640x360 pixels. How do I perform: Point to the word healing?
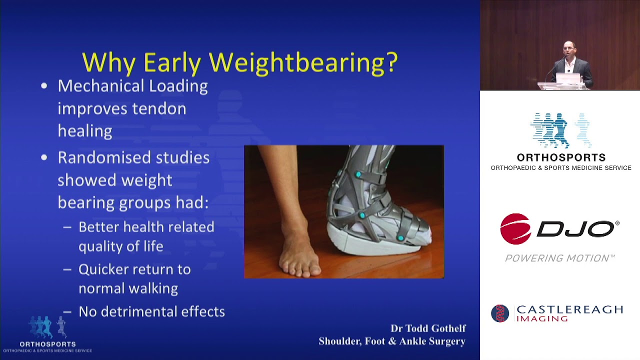pyautogui.click(x=84, y=131)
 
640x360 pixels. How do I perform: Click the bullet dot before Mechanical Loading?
pyautogui.click(x=44, y=86)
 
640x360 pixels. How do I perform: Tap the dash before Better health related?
pyautogui.click(x=67, y=227)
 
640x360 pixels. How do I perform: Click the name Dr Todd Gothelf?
pyautogui.click(x=428, y=328)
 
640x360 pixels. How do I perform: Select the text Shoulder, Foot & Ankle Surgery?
pyautogui.click(x=392, y=341)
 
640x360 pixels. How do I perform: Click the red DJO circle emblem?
pyautogui.click(x=515, y=229)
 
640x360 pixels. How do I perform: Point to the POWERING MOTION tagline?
pyautogui.click(x=559, y=258)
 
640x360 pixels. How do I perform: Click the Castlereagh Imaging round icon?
pyautogui.click(x=500, y=313)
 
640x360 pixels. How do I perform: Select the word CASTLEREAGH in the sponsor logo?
pyautogui.click(x=569, y=309)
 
